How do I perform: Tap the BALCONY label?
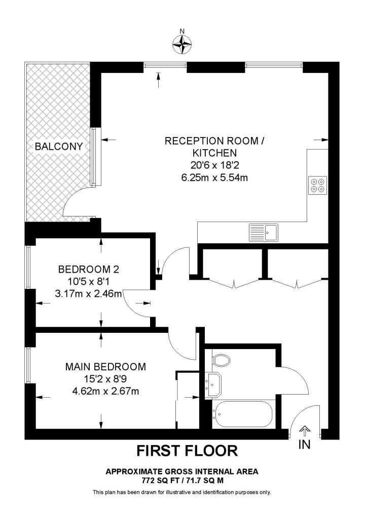58,147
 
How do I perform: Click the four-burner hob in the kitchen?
318,186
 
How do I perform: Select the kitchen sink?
263,232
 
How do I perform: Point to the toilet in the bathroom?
221,360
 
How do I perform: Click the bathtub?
242,413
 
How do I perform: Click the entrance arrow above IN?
304,431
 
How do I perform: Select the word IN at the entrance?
304,445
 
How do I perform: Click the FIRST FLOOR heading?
187,450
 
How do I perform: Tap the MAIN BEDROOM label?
105,366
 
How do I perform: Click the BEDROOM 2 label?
88,269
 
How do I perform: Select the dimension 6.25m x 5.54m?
214,177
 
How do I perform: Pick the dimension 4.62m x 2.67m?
105,391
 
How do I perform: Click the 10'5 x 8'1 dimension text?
88,281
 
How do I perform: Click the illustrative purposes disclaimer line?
182,492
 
